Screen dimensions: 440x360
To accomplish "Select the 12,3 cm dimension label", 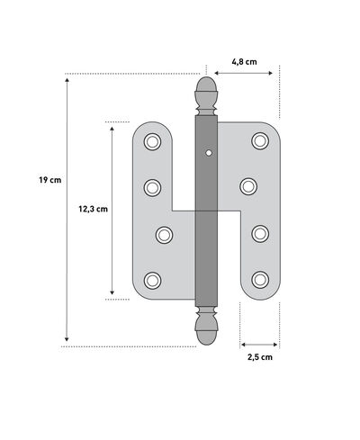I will coord(93,208).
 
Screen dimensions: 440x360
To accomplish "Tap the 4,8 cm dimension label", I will coord(244,62).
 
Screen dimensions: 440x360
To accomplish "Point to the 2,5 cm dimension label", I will coord(259,357).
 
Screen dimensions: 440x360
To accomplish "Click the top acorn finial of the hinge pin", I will coord(204,93).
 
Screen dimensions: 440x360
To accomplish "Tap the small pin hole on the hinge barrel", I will coord(210,153).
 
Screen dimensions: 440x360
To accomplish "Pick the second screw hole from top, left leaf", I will coord(152,187).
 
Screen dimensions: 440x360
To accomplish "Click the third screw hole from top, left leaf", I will coord(164,234).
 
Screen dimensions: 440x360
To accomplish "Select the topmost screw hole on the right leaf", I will coord(259,141).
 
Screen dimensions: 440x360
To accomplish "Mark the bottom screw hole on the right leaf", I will coord(259,279).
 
